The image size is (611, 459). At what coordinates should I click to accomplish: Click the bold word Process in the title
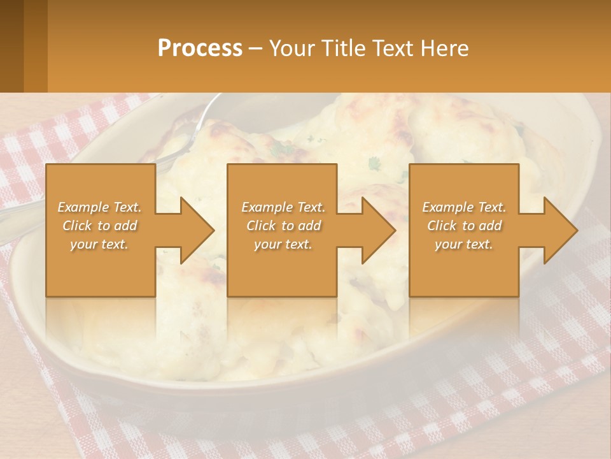(200, 48)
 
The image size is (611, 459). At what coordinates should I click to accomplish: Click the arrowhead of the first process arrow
(197, 230)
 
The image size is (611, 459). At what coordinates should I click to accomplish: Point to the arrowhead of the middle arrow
(379, 230)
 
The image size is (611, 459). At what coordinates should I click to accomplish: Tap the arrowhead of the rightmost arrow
(561, 230)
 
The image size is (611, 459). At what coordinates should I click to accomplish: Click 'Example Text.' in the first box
(100, 207)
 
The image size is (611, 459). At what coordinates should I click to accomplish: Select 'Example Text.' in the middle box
(283, 207)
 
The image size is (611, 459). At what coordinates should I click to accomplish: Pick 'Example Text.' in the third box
(464, 207)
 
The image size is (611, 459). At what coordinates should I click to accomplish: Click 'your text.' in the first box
(99, 244)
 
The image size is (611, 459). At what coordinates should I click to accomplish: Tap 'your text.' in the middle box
(283, 244)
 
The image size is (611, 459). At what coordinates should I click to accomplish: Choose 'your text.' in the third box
(464, 244)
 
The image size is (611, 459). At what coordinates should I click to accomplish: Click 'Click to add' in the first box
(100, 226)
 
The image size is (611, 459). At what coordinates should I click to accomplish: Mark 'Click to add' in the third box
(464, 226)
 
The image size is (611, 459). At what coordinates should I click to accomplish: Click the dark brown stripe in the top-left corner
(11, 45)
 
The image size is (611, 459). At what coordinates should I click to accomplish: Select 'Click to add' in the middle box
(283, 226)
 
